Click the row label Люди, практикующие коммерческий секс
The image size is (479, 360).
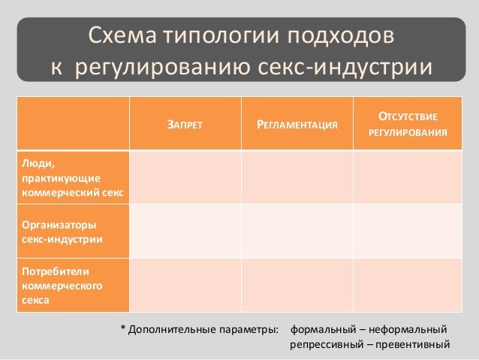(x=73, y=177)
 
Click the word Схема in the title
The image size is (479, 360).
(x=124, y=35)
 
